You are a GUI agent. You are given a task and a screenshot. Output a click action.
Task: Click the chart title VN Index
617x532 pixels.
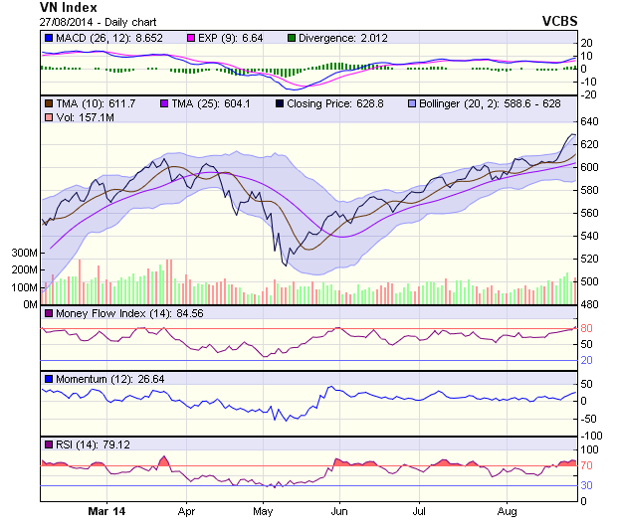click(69, 7)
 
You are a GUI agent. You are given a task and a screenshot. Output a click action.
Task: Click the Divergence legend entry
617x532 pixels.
click(337, 38)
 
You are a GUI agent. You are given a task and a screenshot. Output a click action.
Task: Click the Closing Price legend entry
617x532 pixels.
click(330, 102)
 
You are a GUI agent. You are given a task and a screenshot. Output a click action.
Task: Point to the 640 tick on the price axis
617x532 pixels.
click(588, 121)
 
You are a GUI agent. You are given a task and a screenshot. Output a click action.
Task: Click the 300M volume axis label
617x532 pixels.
click(22, 254)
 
